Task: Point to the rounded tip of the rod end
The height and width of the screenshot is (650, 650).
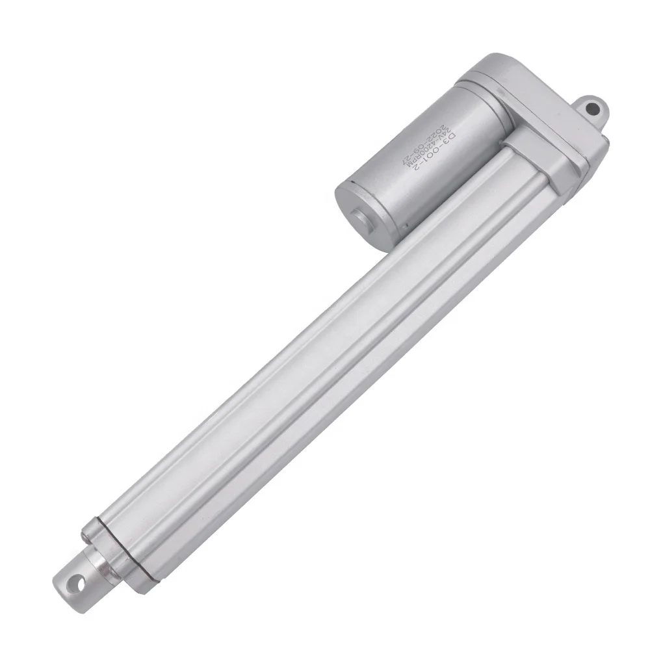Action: pyautogui.click(x=58, y=578)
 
